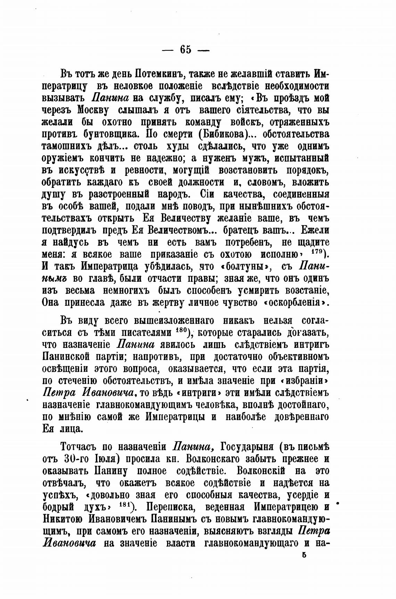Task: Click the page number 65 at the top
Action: tap(185, 49)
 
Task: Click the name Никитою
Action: tap(62, 519)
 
